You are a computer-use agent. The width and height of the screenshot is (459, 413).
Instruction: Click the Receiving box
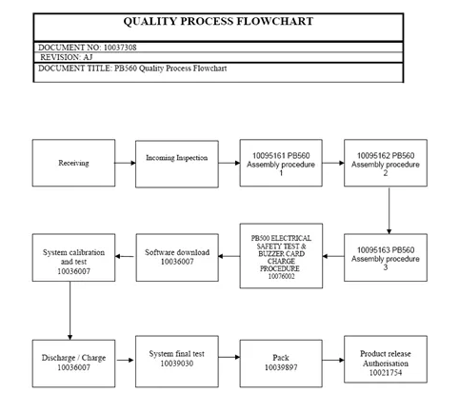(x=73, y=163)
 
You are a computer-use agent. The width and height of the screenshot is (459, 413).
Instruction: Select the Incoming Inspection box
(x=177, y=164)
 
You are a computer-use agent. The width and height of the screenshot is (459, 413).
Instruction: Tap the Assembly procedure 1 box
(x=281, y=163)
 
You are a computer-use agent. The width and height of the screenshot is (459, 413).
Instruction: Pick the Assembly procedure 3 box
(x=386, y=258)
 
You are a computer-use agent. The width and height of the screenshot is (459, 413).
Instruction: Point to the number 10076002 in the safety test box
(x=281, y=276)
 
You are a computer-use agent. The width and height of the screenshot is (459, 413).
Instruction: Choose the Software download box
(x=177, y=258)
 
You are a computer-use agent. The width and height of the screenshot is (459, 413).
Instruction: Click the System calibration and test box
(x=73, y=258)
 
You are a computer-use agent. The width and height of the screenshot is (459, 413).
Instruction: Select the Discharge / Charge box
(x=73, y=364)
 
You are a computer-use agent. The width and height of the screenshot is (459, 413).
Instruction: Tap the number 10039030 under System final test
(x=177, y=364)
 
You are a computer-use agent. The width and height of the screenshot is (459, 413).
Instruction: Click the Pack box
(x=281, y=364)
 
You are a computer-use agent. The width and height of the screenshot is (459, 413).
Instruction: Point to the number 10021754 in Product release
(x=386, y=373)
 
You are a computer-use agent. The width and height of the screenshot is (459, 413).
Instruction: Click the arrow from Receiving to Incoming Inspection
(x=125, y=163)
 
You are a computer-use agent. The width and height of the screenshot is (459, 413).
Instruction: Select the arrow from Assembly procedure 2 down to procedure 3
(x=389, y=210)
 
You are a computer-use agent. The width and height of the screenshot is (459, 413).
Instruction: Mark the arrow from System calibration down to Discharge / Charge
(x=70, y=310)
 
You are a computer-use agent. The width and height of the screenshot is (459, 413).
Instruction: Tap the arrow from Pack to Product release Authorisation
(x=333, y=360)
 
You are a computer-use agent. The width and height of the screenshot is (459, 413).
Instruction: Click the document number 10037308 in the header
(x=120, y=48)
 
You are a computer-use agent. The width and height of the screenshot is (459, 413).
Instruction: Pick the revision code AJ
(x=88, y=57)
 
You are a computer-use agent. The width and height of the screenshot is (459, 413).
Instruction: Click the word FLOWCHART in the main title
(x=275, y=21)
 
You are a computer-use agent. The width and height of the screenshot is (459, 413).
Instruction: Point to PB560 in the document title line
(x=126, y=69)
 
